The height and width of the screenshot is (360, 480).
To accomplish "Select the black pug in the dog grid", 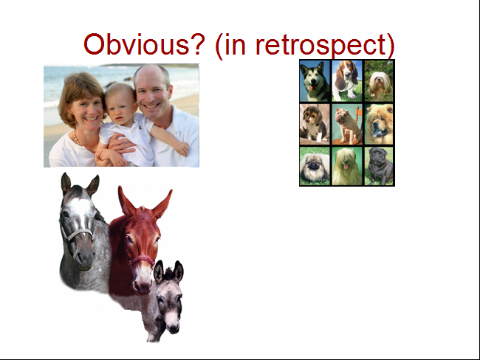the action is point(379,166).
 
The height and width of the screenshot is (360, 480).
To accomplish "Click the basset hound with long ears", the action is point(347,80).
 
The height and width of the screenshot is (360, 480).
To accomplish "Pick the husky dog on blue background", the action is point(315,80).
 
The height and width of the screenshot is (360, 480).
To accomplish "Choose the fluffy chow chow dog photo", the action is point(379,124).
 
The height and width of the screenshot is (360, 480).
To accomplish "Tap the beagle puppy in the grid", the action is point(315,124).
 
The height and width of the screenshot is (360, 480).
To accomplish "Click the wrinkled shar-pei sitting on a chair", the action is point(347,124).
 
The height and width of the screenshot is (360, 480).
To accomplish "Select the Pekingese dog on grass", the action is point(315,166).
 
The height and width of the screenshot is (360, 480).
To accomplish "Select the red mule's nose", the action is point(142,285).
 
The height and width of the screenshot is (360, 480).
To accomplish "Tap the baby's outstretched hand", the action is point(182,149).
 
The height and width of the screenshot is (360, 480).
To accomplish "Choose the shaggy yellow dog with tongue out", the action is point(347,166).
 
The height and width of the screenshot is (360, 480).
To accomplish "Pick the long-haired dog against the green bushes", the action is point(379,80).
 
